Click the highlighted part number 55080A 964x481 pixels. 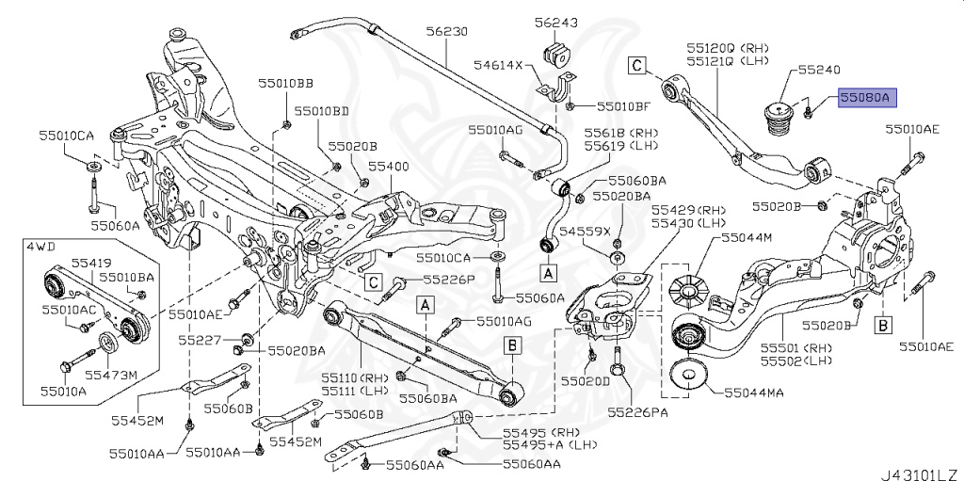pos(869,96)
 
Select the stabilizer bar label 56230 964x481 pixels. pos(445,31)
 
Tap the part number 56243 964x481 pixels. pos(556,21)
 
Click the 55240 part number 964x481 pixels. pos(819,70)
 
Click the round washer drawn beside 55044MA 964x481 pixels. pos(690,377)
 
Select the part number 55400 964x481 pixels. pos(388,166)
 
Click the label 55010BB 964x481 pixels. pos(286,84)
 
